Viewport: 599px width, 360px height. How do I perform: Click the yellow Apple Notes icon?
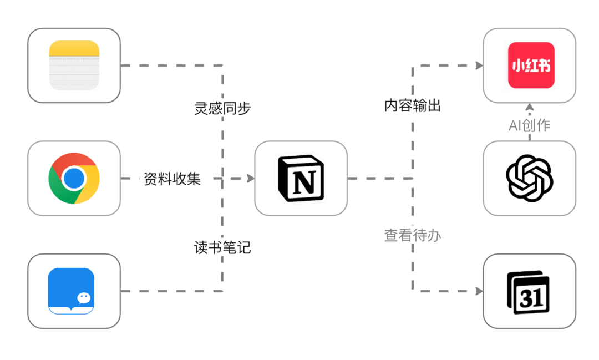tap(74, 65)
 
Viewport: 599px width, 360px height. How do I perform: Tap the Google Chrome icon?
tap(74, 178)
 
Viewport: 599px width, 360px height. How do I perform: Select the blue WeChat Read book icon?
tap(71, 291)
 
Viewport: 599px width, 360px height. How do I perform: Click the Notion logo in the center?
tap(301, 178)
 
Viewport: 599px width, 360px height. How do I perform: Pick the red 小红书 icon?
tap(531, 65)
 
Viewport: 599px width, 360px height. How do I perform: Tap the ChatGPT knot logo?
tap(530, 178)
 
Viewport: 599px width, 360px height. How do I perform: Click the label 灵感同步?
tap(222, 108)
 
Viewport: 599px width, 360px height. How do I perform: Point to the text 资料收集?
tap(172, 179)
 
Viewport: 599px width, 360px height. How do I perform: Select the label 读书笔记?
tap(222, 248)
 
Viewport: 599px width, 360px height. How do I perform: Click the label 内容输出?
tap(413, 106)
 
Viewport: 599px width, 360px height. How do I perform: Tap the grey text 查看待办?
tap(413, 235)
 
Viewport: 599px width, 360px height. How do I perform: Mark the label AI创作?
tap(530, 125)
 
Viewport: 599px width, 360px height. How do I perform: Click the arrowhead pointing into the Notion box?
tap(251, 179)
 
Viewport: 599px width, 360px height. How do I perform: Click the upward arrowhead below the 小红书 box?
tap(530, 106)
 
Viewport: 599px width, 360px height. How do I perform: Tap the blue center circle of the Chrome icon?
tap(74, 178)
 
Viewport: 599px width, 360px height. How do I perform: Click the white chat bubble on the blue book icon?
tap(84, 298)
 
